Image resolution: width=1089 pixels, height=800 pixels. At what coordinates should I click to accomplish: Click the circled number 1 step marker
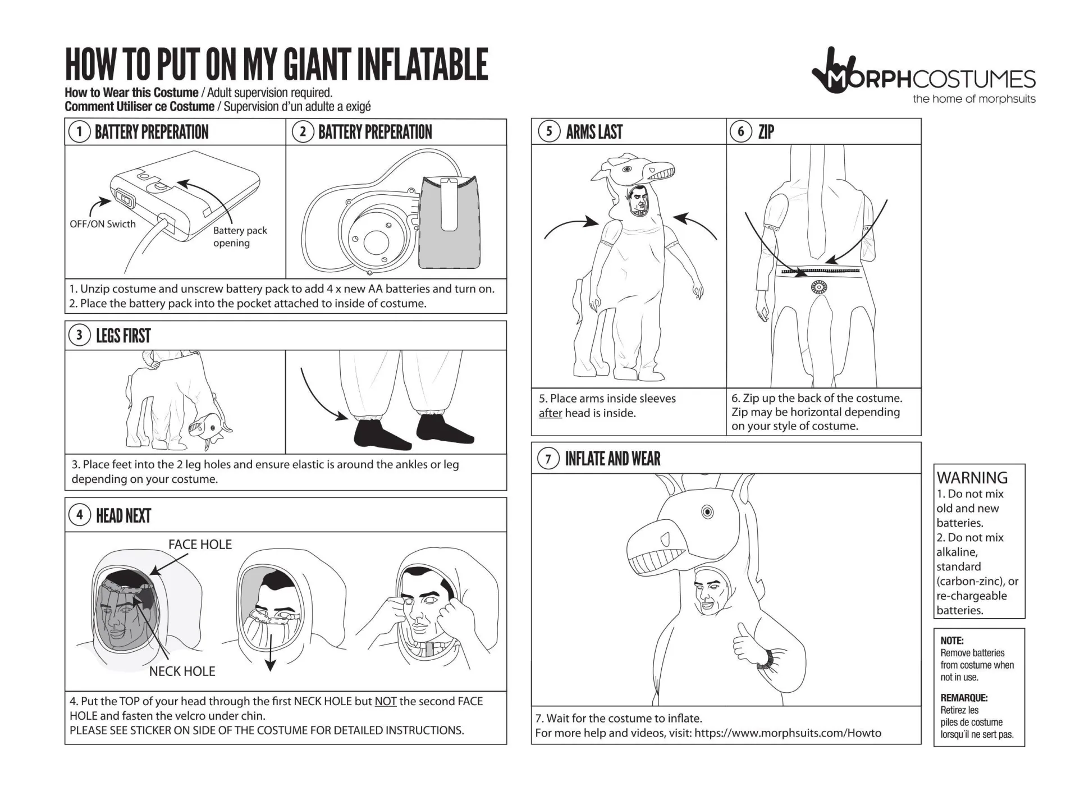79,132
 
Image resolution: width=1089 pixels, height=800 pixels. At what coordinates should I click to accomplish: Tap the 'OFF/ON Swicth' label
103,224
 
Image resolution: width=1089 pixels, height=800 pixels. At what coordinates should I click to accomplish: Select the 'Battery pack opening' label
240,236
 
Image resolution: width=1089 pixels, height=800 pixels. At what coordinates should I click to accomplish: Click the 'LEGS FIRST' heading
123,336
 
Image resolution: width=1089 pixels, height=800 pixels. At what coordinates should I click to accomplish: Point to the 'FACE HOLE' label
200,544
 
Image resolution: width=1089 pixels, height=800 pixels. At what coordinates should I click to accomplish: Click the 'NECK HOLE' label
182,671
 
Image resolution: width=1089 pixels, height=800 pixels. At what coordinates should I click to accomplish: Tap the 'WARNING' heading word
972,478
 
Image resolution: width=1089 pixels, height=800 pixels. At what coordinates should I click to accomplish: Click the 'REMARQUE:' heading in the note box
964,698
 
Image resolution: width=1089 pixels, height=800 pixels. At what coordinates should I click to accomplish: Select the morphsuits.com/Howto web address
787,733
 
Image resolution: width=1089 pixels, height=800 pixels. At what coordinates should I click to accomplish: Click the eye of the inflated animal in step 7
707,511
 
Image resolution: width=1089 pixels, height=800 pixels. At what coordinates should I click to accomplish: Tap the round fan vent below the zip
819,288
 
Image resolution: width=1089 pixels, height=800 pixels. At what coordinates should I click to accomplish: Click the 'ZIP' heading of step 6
766,132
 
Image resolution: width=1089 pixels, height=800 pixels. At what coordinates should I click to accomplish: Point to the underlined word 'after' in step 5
550,413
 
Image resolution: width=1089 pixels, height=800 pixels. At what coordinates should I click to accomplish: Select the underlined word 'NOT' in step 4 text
385,701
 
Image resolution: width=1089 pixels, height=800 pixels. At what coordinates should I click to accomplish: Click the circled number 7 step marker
548,459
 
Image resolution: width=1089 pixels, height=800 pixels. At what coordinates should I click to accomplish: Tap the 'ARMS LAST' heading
594,132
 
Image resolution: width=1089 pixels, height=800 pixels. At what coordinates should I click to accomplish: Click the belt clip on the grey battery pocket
449,204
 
